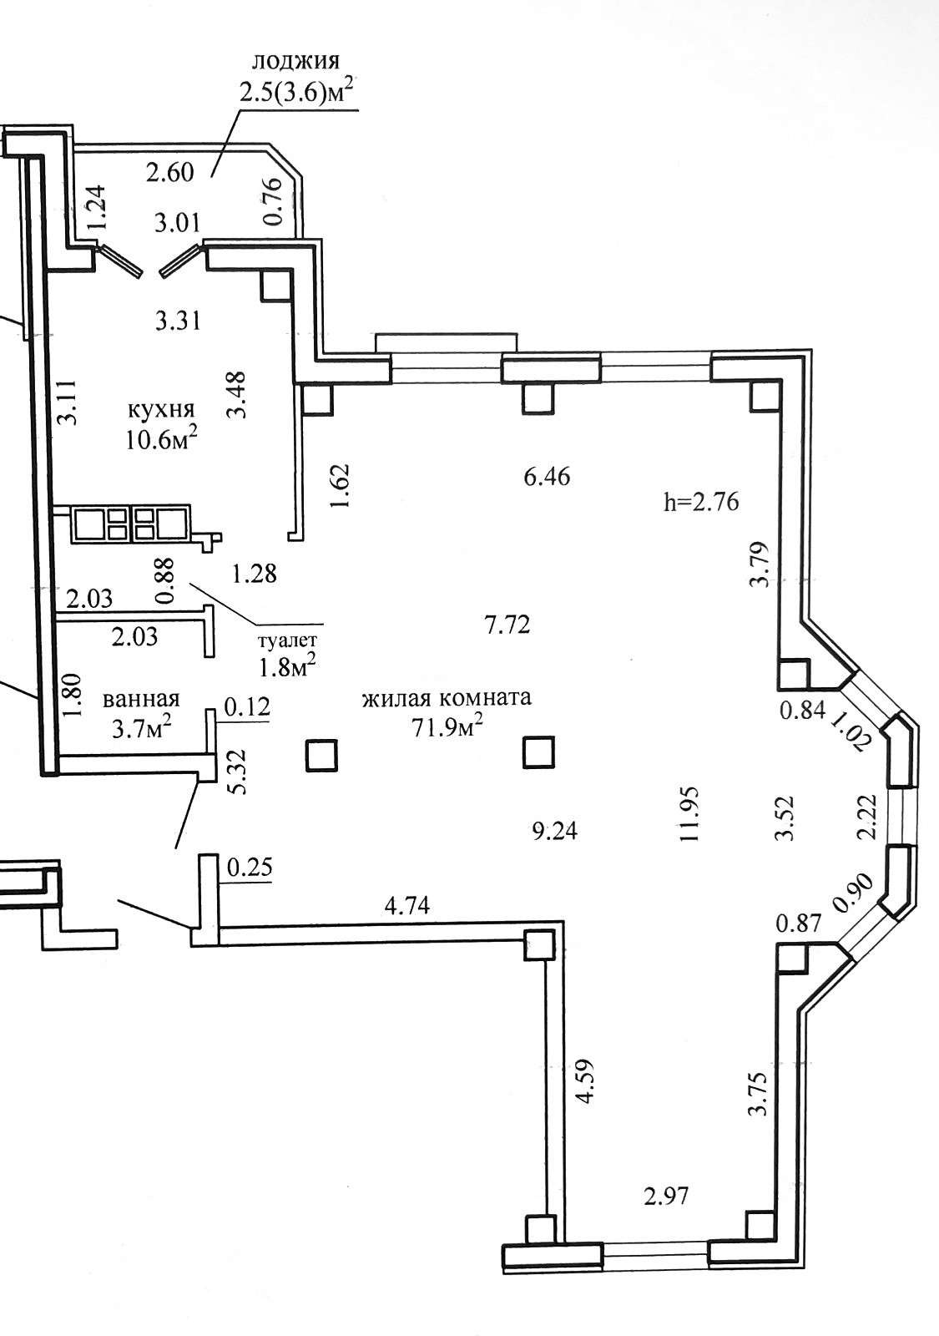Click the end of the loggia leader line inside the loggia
pyautogui.click(x=212, y=176)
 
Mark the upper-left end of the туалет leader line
pyautogui.click(x=189, y=584)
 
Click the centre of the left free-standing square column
pyautogui.click(x=321, y=756)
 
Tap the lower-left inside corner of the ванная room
pyautogui.click(x=58, y=755)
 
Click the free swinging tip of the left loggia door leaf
pyautogui.click(x=140, y=276)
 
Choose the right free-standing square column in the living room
pyautogui.click(x=539, y=751)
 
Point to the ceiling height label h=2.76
pyautogui.click(x=701, y=502)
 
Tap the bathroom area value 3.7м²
pyautogui.click(x=143, y=728)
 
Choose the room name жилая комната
pyautogui.click(x=447, y=697)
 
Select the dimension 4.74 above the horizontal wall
pyautogui.click(x=407, y=906)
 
